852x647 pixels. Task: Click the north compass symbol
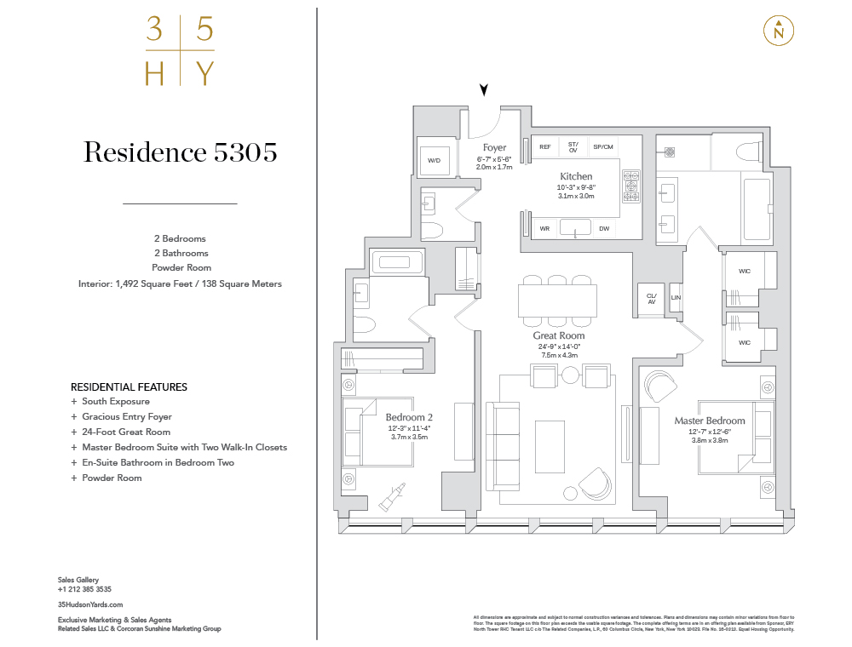[x=779, y=31]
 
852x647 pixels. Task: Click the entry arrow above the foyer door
[x=485, y=90]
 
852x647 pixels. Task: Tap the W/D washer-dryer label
[x=434, y=160]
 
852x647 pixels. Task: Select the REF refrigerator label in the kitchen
[x=545, y=147]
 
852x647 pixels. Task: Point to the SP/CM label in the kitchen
[x=603, y=147]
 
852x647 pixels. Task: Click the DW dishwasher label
[x=603, y=228]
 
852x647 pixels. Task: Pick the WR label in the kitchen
[x=544, y=228]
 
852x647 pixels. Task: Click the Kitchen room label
[x=577, y=176]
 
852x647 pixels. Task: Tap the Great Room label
[x=559, y=335]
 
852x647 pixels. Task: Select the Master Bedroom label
[x=710, y=421]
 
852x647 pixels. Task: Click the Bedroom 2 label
[x=409, y=417]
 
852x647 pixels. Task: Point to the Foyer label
[x=494, y=148]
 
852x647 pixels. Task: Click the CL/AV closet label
[x=652, y=298]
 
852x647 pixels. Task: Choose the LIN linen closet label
[x=676, y=297]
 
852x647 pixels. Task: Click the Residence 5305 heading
[x=180, y=152]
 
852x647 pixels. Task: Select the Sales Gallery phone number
[x=84, y=589]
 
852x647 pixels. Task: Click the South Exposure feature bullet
[x=115, y=402]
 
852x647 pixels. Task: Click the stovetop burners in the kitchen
[x=631, y=186]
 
